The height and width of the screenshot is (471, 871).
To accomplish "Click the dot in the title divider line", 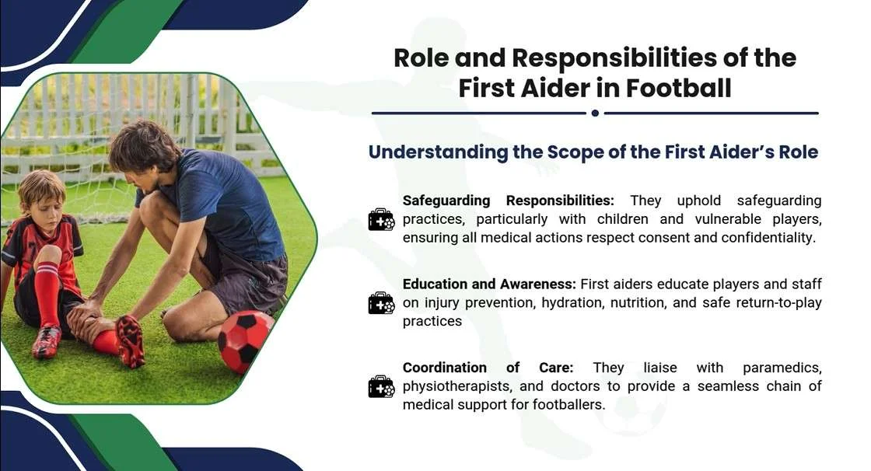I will click(x=595, y=113).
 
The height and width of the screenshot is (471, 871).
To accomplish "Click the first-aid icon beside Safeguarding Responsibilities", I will click(x=381, y=220).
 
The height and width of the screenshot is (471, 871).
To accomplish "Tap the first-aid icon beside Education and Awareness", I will click(x=381, y=302).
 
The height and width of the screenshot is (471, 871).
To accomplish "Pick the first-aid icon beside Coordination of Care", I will click(x=381, y=386).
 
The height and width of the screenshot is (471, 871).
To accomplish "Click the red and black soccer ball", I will click(x=246, y=341).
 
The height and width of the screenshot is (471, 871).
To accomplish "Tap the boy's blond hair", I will click(x=41, y=187).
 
